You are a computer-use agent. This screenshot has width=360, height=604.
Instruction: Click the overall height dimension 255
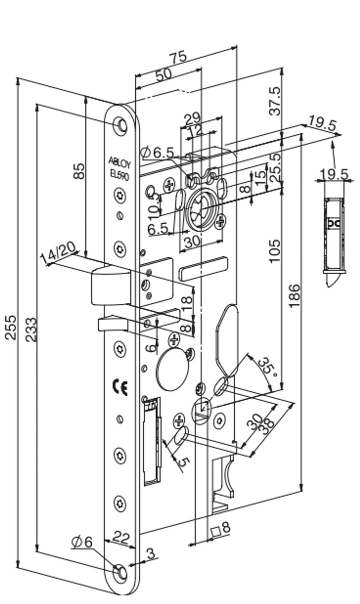click(11, 327)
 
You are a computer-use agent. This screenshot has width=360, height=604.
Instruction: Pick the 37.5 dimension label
click(275, 101)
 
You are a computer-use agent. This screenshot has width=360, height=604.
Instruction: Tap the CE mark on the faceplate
click(120, 387)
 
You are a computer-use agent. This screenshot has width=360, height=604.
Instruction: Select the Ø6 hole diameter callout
click(82, 542)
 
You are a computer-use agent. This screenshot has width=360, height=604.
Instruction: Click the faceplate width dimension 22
click(120, 538)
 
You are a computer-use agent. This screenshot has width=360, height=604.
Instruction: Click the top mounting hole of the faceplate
click(120, 125)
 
